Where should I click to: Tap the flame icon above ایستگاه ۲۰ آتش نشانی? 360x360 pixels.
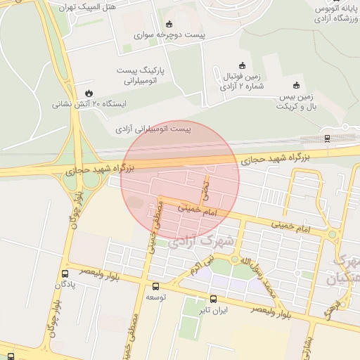point(88,94)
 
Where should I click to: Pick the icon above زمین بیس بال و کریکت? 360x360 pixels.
point(296,85)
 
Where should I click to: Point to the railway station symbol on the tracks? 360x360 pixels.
point(328,139)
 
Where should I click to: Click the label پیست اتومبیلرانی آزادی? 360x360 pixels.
point(153,129)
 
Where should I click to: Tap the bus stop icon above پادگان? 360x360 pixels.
point(65,274)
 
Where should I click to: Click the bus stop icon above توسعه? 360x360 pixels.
point(155,286)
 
